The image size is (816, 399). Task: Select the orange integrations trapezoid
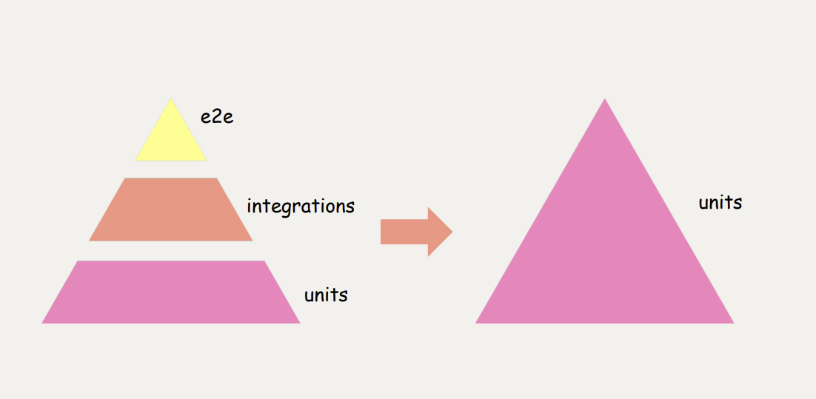(x=171, y=209)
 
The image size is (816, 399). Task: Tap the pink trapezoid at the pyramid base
(x=171, y=292)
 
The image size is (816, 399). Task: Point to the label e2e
(x=217, y=116)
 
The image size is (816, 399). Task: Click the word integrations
(x=301, y=206)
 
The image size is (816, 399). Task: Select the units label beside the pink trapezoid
(x=326, y=295)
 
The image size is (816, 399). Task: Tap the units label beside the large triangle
(x=720, y=202)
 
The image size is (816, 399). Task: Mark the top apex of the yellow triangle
(x=171, y=99)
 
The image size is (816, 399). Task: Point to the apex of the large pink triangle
(x=605, y=100)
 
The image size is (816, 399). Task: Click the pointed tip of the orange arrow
(x=451, y=232)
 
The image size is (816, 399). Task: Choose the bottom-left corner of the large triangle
(x=477, y=322)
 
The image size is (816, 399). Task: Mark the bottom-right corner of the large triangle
(x=732, y=322)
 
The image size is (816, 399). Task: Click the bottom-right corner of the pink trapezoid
(x=298, y=322)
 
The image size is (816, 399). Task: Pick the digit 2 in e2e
(x=217, y=116)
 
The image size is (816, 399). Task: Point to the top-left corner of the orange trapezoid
(x=125, y=179)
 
